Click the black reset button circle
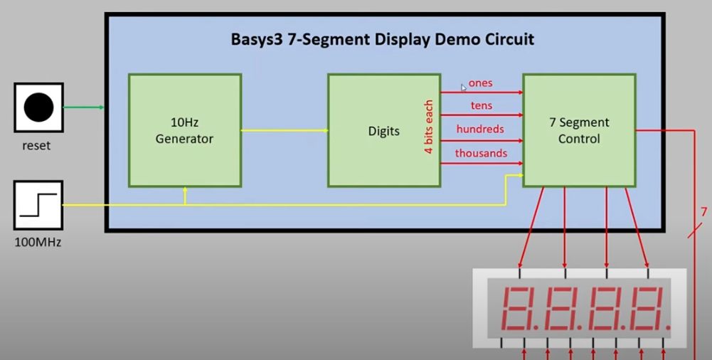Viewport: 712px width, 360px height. [x=38, y=107]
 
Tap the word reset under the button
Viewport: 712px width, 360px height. [x=36, y=145]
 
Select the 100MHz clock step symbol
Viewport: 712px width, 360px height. [x=38, y=205]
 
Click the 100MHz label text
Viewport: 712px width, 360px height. [x=38, y=243]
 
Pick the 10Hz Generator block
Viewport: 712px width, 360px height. [x=184, y=131]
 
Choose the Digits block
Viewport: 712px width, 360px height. [x=383, y=131]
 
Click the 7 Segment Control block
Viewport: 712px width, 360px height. [x=579, y=131]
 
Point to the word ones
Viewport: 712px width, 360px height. [x=480, y=83]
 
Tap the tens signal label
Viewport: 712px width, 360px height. [x=481, y=106]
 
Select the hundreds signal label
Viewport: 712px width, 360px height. [x=480, y=129]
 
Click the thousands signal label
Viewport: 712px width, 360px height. [x=481, y=152]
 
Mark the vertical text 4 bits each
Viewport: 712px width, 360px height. [x=429, y=127]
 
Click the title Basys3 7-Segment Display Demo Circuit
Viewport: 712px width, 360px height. [x=382, y=39]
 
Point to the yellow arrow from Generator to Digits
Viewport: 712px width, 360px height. [x=285, y=130]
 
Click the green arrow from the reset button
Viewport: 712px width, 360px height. [x=84, y=107]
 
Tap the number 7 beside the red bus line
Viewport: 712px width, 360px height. [x=703, y=212]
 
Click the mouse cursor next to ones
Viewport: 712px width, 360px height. [x=463, y=88]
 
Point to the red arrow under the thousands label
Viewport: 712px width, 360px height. [x=482, y=164]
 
